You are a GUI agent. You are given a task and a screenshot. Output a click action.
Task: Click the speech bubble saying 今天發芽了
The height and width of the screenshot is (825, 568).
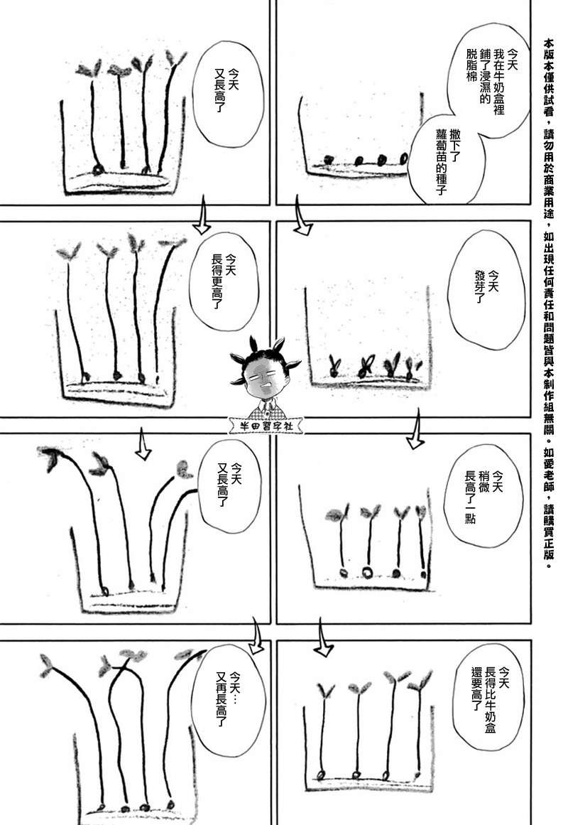pyautogui.click(x=486, y=289)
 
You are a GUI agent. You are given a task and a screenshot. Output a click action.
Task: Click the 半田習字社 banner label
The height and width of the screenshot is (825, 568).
pyautogui.click(x=266, y=425)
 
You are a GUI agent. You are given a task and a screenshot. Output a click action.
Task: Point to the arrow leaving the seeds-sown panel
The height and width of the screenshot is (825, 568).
pyautogui.click(x=302, y=216)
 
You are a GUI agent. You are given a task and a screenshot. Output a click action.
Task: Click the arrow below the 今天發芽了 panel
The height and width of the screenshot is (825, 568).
pyautogui.click(x=415, y=428)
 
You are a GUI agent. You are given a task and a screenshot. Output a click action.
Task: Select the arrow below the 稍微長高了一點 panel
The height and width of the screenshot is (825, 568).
pyautogui.click(x=324, y=637)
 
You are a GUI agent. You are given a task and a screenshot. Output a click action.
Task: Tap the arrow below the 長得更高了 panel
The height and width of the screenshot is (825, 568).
pyautogui.click(x=143, y=443)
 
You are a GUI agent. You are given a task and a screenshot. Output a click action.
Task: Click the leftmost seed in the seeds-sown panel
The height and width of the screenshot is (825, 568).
pyautogui.click(x=329, y=159)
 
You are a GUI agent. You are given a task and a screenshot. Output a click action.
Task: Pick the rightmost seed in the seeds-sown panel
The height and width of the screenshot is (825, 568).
pyautogui.click(x=403, y=158)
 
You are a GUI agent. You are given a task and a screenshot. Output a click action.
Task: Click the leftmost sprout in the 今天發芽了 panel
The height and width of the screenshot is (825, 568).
pyautogui.click(x=334, y=366)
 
